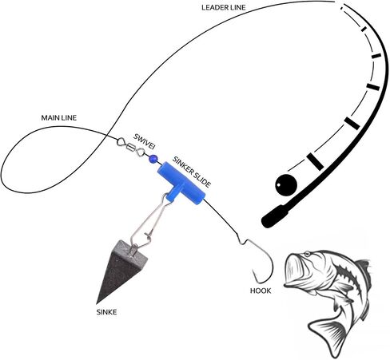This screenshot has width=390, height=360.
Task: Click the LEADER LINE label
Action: pyautogui.click(x=223, y=8)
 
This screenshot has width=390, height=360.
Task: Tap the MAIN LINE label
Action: pyautogui.click(x=59, y=117)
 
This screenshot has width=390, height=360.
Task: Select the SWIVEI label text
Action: pyautogui.click(x=144, y=141)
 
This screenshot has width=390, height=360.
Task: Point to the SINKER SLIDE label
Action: pyautogui.click(x=192, y=172)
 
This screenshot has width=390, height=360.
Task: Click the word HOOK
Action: pyautogui.click(x=261, y=291)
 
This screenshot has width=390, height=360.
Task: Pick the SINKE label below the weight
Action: pyautogui.click(x=106, y=312)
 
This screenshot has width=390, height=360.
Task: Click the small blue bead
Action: pyautogui.click(x=153, y=159)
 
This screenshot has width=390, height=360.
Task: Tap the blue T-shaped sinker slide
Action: pyautogui.click(x=181, y=184)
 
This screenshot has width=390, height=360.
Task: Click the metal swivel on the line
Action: pyautogui.click(x=131, y=147)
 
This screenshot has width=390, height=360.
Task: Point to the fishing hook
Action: pyautogui.click(x=259, y=262)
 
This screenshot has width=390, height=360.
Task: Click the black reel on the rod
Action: pyautogui.click(x=286, y=185)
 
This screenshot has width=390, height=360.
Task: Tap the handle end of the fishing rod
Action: pyautogui.click(x=274, y=217)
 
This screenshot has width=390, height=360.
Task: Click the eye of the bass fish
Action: pyautogui.click(x=307, y=254)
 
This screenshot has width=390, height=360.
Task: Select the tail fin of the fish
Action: pyautogui.click(x=328, y=334)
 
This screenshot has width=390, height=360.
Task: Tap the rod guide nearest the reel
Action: pyautogui.click(x=316, y=161)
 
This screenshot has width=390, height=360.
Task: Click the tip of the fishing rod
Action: pyautogui.click(x=344, y=4)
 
